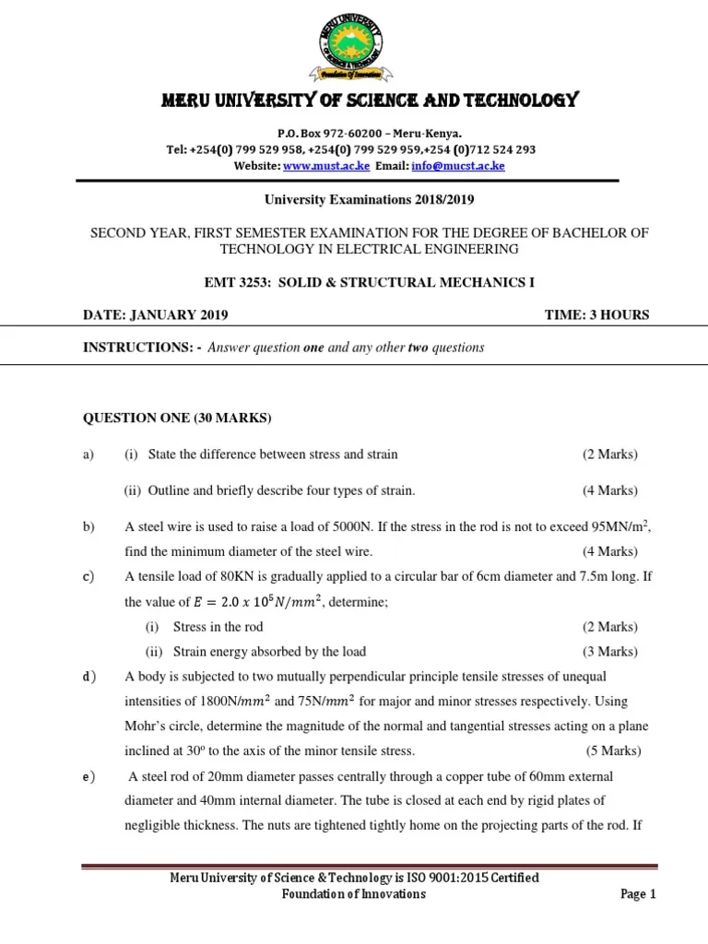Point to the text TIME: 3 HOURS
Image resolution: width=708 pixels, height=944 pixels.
596,315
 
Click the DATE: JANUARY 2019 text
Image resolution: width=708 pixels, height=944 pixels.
156,315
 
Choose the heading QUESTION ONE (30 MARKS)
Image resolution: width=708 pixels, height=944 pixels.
178,419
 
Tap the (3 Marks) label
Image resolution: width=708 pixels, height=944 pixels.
609,652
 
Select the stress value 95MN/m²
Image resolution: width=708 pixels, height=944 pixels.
619,526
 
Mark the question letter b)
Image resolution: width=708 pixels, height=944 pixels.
89,527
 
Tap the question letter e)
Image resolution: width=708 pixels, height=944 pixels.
89,776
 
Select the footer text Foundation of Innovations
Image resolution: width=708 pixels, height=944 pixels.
353,894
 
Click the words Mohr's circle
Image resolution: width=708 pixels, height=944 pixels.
159,726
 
